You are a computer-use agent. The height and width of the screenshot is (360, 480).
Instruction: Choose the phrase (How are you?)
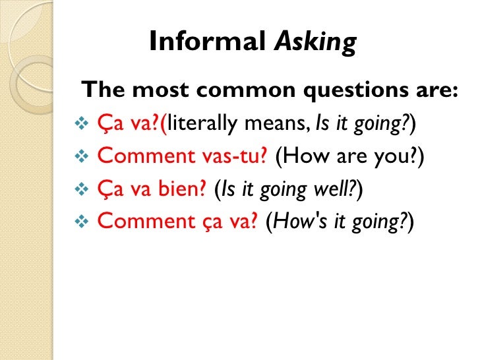[x=350, y=156]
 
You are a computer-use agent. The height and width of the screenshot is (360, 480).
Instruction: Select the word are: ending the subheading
[x=435, y=90]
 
